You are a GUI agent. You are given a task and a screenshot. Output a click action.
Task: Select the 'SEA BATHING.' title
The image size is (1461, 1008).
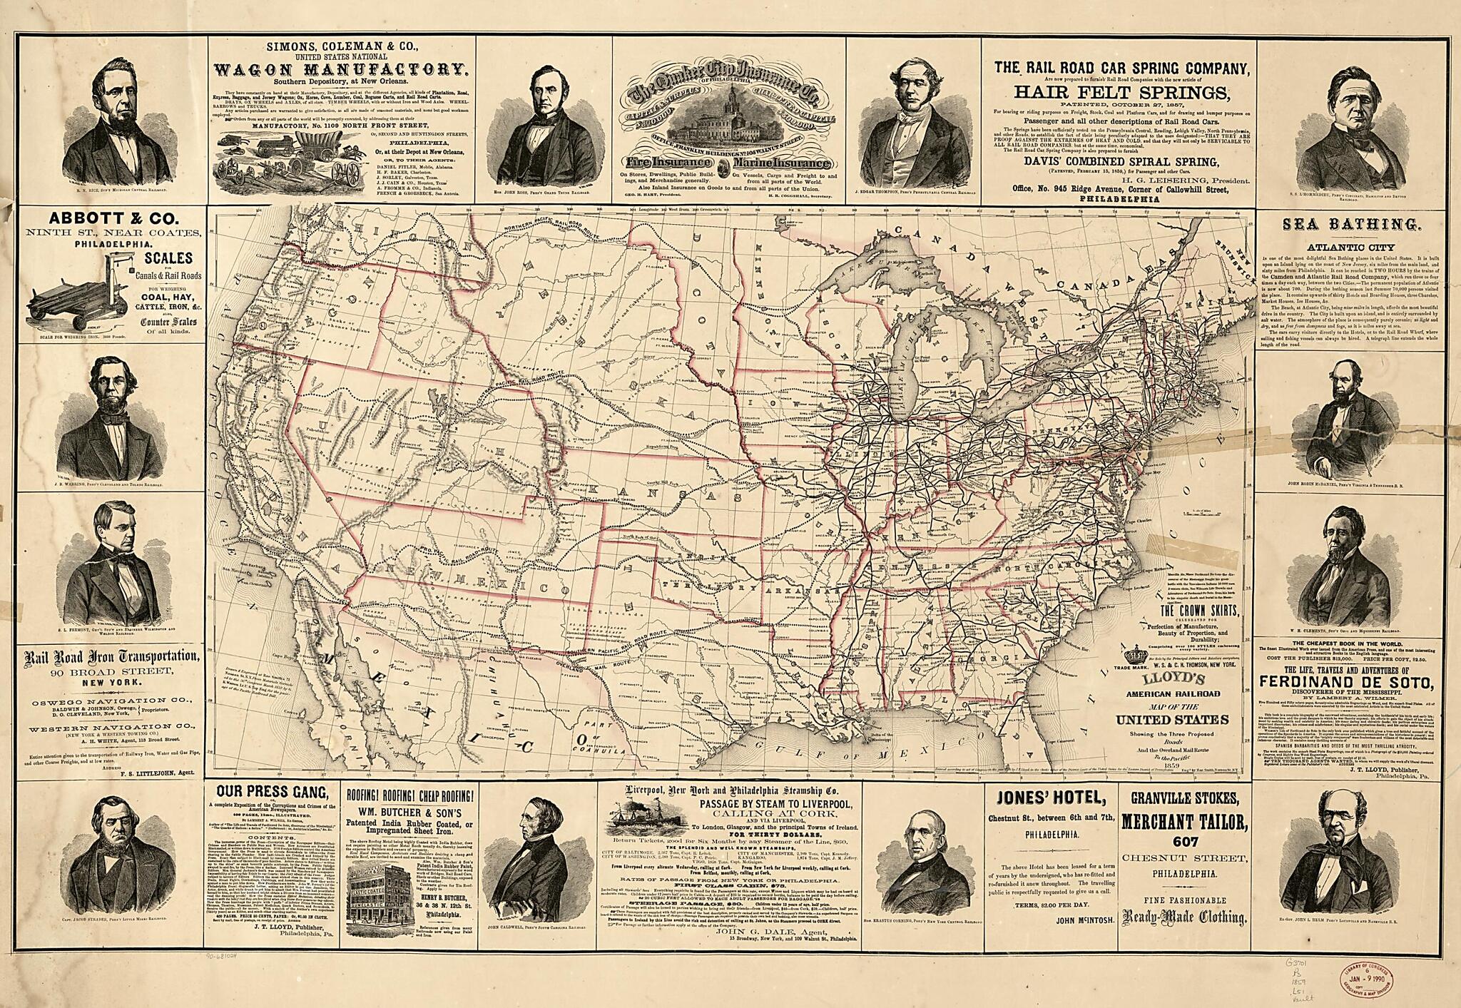point(1350,225)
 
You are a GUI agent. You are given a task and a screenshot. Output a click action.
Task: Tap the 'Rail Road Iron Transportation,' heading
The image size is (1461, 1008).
point(111,656)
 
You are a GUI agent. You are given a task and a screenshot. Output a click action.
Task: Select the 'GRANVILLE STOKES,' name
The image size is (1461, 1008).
point(1184,797)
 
